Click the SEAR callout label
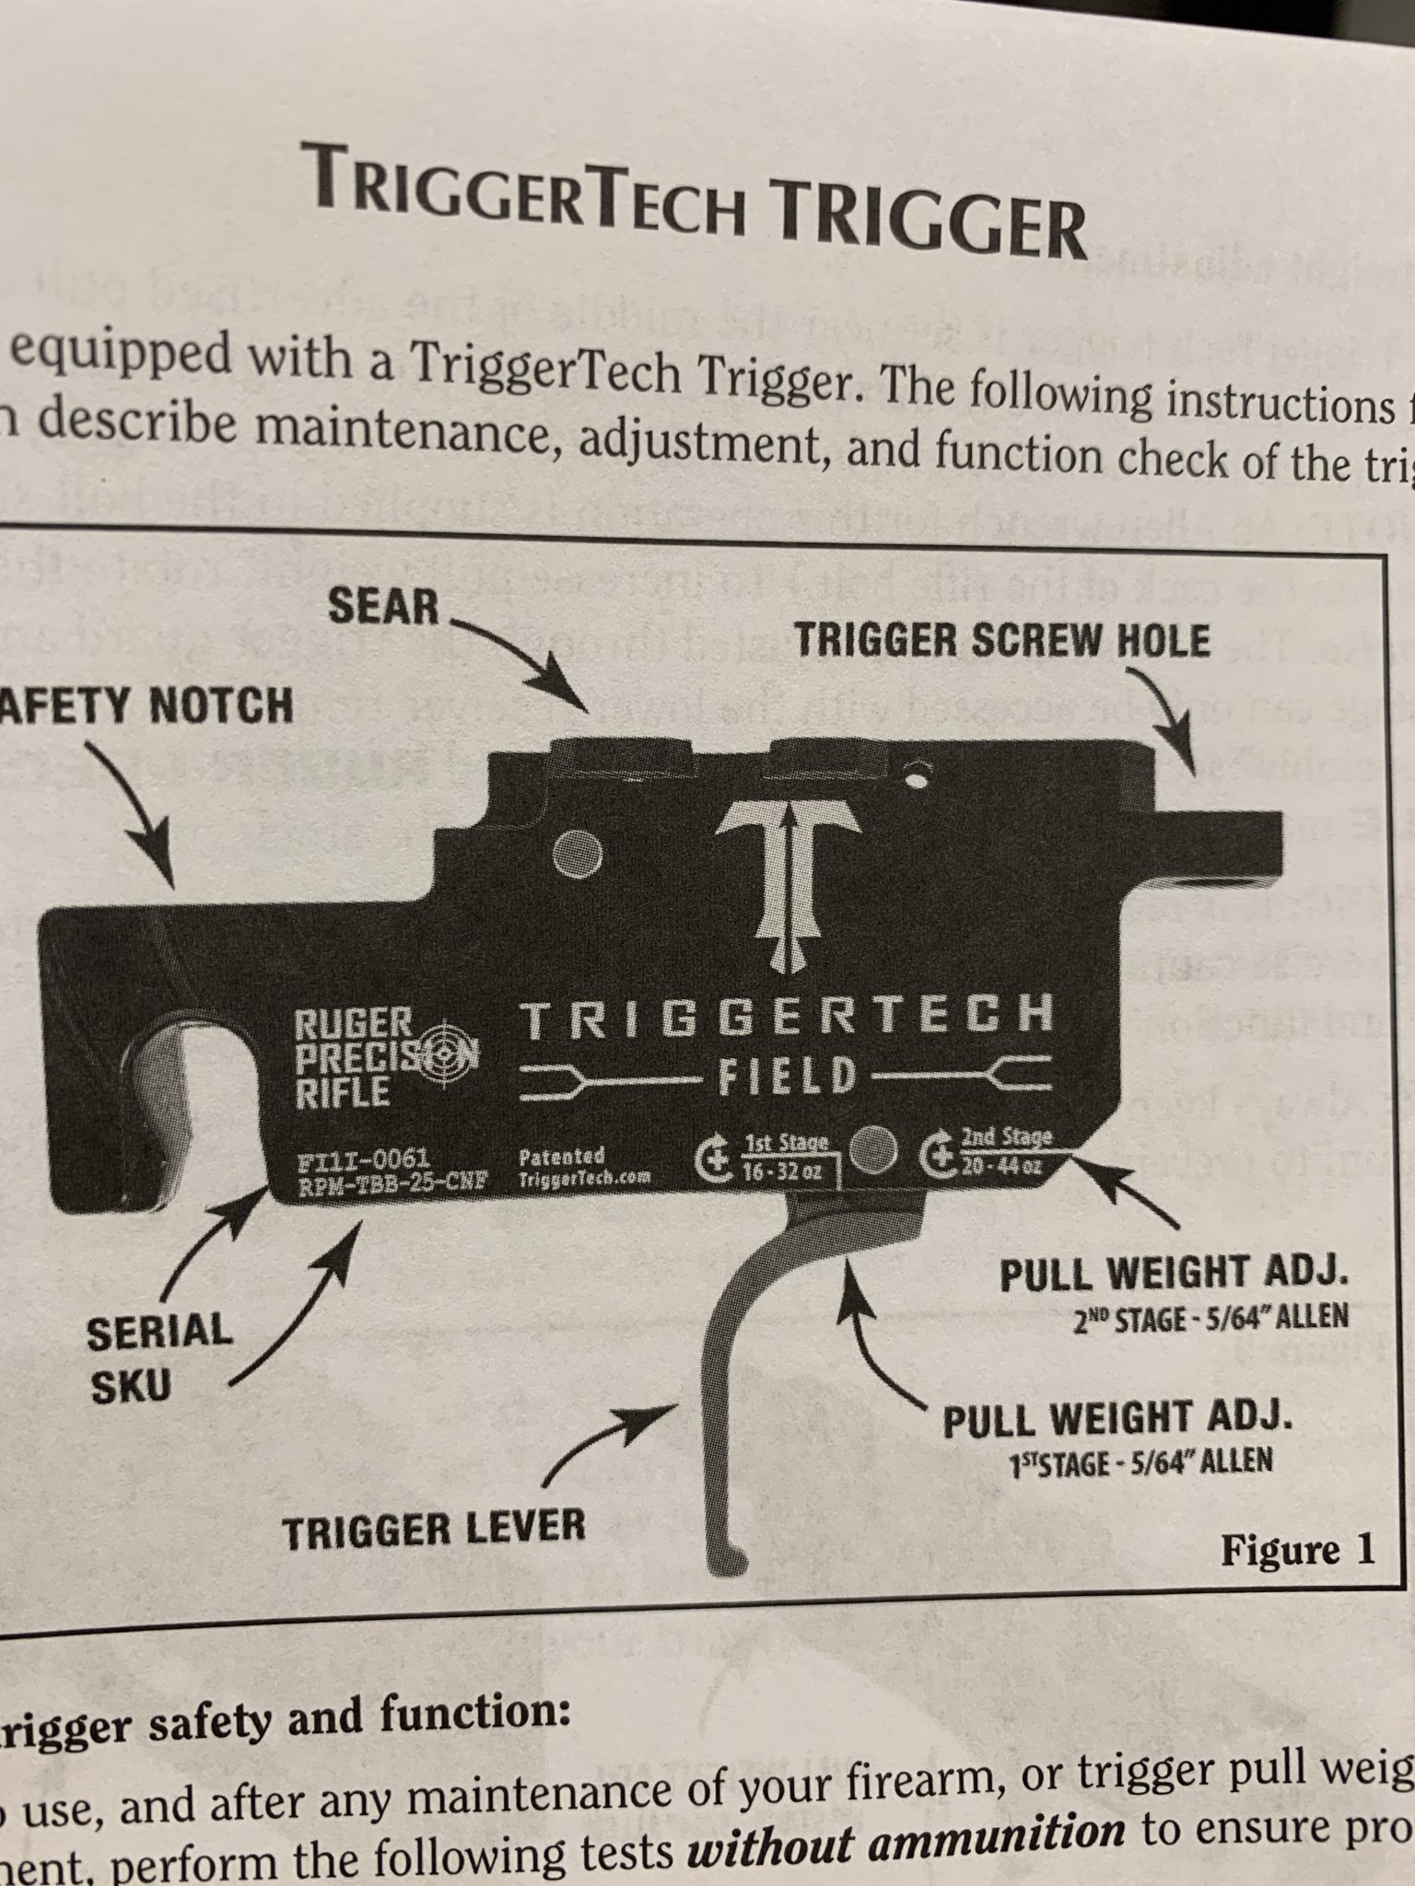coord(383,607)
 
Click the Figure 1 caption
coord(1297,1551)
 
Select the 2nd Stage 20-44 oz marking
coord(1003,1153)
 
